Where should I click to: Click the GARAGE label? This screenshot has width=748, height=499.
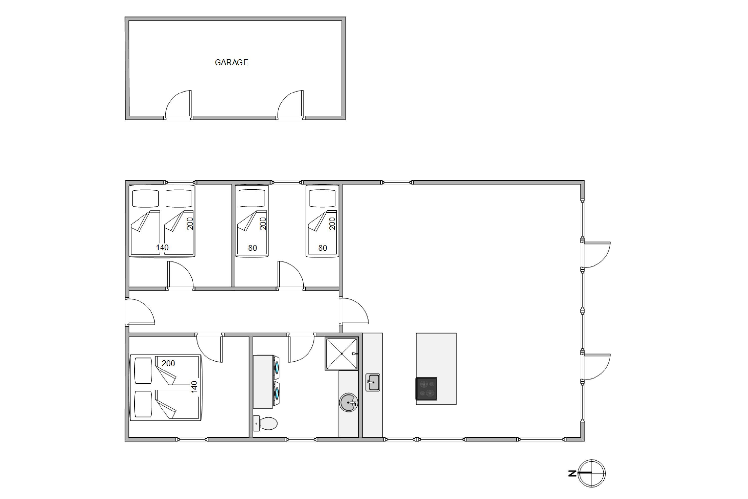[232, 62]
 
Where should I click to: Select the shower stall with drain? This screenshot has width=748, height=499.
[342, 354]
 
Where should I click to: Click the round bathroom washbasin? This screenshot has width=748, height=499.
[349, 403]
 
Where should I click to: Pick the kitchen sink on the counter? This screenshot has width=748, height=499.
[373, 382]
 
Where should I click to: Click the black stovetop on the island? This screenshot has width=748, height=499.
[426, 388]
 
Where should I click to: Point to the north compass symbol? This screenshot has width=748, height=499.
[591, 473]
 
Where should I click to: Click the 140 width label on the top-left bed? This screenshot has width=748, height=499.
[162, 247]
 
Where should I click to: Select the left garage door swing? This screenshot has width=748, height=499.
[178, 104]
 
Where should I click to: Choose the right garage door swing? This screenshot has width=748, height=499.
[290, 104]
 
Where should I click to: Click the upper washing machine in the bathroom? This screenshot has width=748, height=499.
[267, 368]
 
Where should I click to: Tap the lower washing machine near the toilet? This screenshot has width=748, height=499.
[267, 395]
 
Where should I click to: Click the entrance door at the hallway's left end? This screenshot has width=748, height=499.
[140, 312]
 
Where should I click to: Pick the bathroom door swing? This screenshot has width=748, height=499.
[301, 348]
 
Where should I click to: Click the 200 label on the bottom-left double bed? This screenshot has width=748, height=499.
[168, 363]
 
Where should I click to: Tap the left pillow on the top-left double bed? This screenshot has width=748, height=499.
[145, 199]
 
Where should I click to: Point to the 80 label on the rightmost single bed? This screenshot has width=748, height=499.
[322, 248]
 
